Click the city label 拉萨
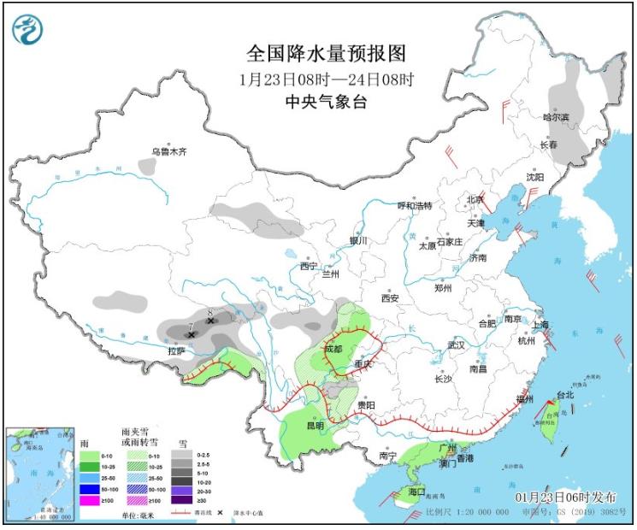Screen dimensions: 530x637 click(x=176, y=350)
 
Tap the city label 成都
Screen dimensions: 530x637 click(x=333, y=349)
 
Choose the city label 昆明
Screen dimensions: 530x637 click(x=315, y=425)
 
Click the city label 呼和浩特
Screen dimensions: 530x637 click(x=416, y=206)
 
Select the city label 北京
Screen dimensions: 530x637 click(x=475, y=200)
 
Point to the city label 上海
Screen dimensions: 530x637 click(x=540, y=325)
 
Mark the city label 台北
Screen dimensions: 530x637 click(x=565, y=395)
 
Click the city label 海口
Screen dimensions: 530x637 click(x=416, y=492)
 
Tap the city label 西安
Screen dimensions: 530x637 click(x=391, y=298)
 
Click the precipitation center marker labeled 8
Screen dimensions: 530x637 click(x=210, y=321)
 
